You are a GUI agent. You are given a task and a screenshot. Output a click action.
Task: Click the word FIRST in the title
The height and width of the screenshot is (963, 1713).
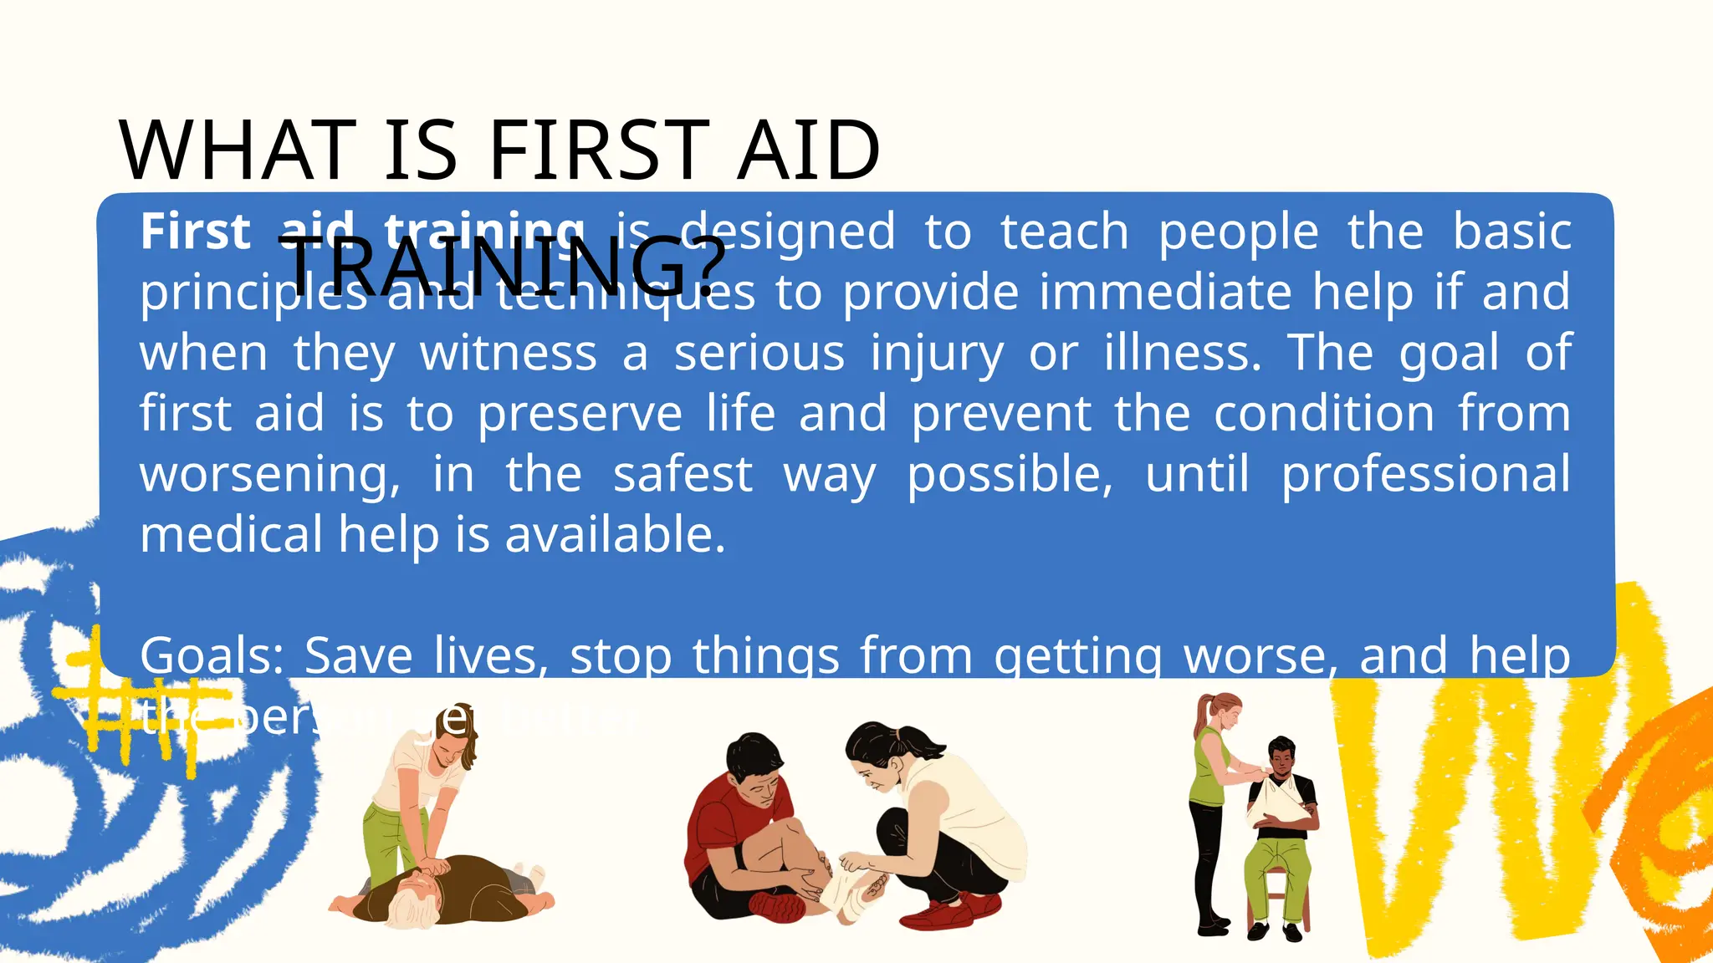point(598,150)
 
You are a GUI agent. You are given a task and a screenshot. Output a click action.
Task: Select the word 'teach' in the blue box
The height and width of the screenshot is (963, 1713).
point(1064,232)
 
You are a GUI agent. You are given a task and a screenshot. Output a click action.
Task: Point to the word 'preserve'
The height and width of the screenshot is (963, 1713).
point(580,414)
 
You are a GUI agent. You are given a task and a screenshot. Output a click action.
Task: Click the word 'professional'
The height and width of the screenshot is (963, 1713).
point(1425,474)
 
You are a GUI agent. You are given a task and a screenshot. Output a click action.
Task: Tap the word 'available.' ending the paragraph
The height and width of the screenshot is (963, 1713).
point(615,535)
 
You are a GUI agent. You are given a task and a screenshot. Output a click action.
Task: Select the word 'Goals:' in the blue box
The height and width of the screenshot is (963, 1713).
point(212,655)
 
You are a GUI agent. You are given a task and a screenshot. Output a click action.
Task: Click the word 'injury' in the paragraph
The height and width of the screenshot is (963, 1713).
point(937,354)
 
